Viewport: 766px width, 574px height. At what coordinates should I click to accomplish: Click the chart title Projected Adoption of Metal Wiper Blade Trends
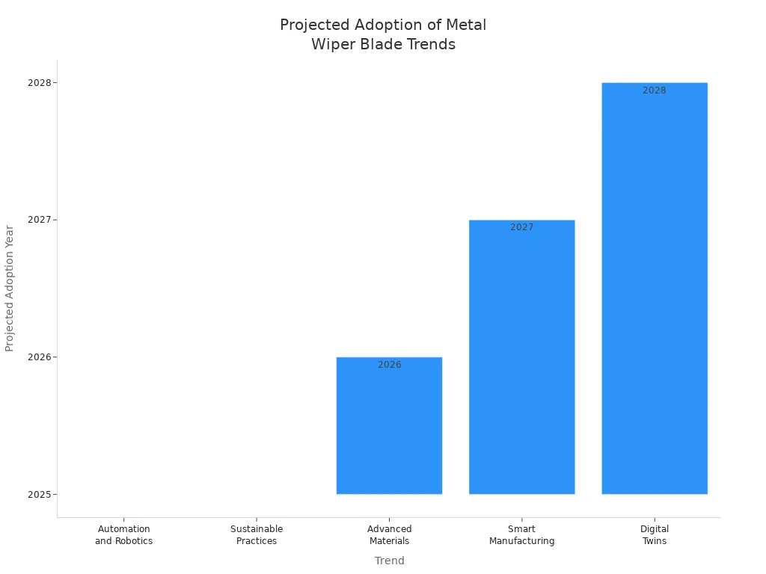pyautogui.click(x=383, y=34)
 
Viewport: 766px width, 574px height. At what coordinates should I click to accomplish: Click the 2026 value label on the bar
pyautogui.click(x=389, y=365)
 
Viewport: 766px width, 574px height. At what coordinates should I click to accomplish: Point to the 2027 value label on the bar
pyautogui.click(x=521, y=227)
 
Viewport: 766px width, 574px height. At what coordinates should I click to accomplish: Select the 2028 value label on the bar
pyautogui.click(x=654, y=90)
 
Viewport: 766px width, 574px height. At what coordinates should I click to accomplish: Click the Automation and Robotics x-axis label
pyautogui.click(x=123, y=535)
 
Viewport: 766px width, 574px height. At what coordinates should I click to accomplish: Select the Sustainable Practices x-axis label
pyautogui.click(x=257, y=535)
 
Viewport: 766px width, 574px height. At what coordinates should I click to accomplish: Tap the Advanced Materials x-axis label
pyautogui.click(x=389, y=535)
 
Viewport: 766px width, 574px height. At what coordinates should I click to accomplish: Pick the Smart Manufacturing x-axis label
pyautogui.click(x=521, y=535)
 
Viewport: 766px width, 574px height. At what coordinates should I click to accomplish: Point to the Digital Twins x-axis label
pyautogui.click(x=655, y=535)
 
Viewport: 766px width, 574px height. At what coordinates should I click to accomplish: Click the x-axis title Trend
pyautogui.click(x=389, y=561)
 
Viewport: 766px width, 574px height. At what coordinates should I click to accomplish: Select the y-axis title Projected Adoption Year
pyautogui.click(x=10, y=288)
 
